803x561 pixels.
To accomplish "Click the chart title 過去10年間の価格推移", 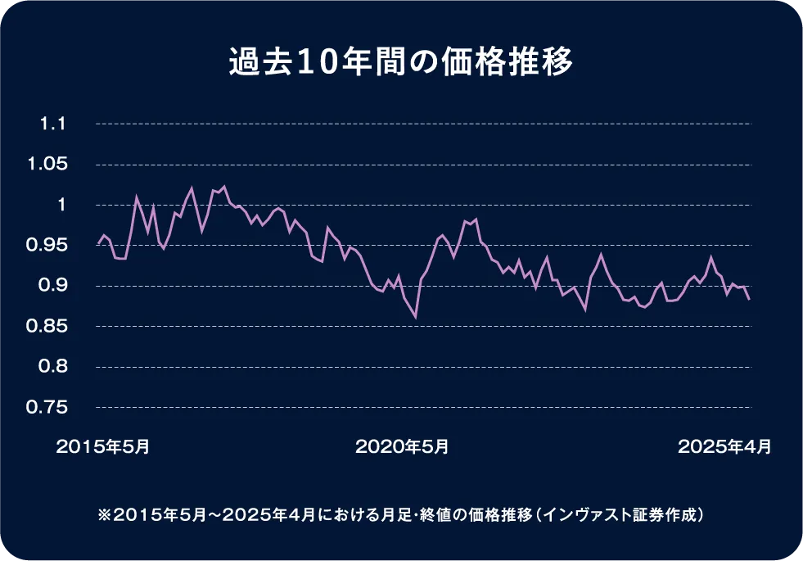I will (x=401, y=63).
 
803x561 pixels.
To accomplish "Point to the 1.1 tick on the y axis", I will (x=52, y=124).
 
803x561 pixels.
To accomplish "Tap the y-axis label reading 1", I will (x=61, y=206).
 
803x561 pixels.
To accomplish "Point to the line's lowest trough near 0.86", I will (x=416, y=317).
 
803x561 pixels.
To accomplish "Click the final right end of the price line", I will (x=750, y=300).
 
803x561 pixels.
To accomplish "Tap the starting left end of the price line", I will (x=97, y=244).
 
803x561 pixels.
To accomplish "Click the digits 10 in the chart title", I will (x=299, y=63).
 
